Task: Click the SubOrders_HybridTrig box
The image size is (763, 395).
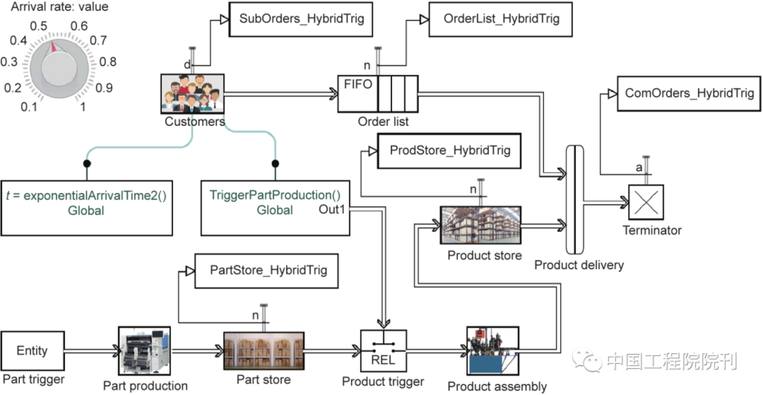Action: [301, 18]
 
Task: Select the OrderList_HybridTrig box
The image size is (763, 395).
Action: [501, 18]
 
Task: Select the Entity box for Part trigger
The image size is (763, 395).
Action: [32, 351]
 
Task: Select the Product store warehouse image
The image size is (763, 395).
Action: [480, 226]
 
